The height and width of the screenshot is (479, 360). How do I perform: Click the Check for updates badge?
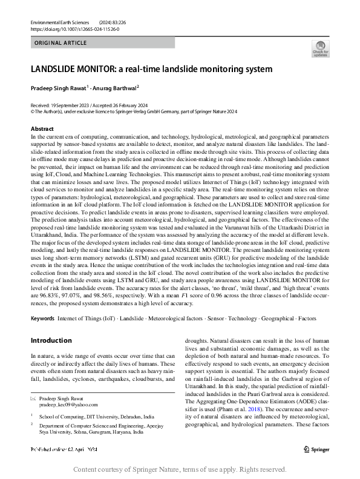[320, 48]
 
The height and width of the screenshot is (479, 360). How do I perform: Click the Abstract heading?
[42, 129]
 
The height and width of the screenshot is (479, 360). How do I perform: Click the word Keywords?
[43, 318]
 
